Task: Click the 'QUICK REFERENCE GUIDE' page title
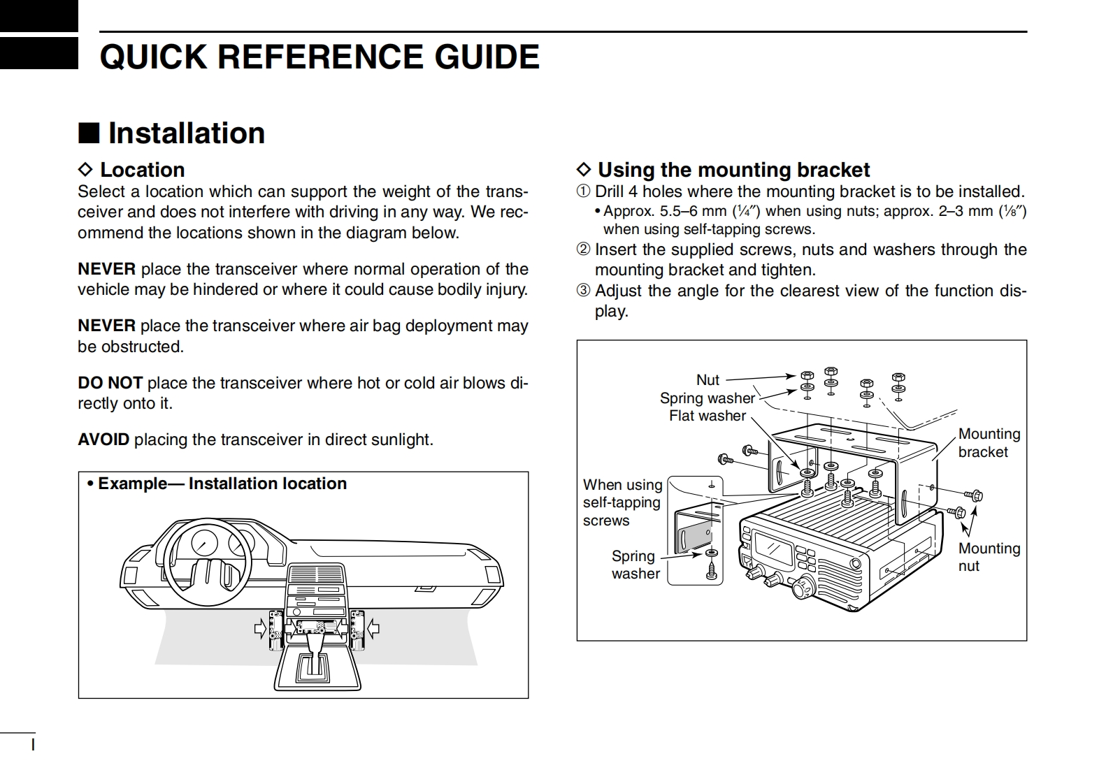(x=319, y=57)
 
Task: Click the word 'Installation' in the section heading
(x=186, y=133)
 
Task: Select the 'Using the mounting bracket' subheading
(x=733, y=170)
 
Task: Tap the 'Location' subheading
(x=142, y=170)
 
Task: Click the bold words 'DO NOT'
(x=110, y=383)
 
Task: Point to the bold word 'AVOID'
(x=103, y=440)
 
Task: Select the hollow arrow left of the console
(x=261, y=630)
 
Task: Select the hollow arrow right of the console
(x=373, y=629)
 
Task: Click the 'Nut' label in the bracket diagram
(x=708, y=380)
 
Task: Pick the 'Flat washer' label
(x=708, y=416)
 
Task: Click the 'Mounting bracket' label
(x=989, y=443)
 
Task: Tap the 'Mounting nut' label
(x=989, y=557)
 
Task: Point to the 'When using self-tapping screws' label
(x=622, y=502)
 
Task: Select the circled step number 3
(x=583, y=291)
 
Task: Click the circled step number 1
(x=583, y=191)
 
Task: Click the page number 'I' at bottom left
(x=33, y=745)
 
